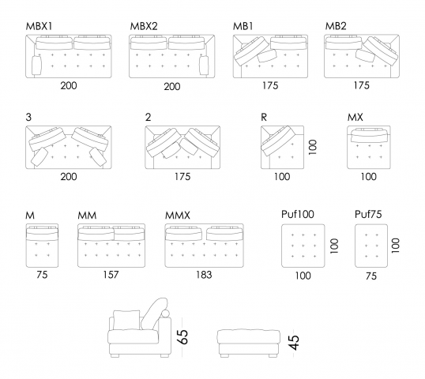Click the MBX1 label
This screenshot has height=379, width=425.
[x=39, y=26]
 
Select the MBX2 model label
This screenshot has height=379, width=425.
[x=144, y=26]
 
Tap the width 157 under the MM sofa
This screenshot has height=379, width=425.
[x=110, y=276]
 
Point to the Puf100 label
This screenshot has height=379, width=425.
[x=297, y=215]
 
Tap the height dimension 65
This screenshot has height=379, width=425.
[x=182, y=338]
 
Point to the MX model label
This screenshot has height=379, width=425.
[x=355, y=117]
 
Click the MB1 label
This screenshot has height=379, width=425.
[x=243, y=26]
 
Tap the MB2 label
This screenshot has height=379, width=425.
[x=337, y=26]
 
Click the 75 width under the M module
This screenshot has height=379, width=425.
[x=42, y=276]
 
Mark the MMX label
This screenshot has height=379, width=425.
[x=178, y=215]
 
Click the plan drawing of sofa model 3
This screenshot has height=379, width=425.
[x=68, y=147]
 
